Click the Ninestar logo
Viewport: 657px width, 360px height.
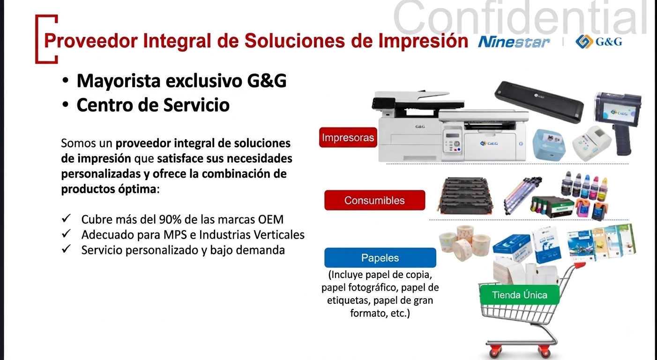pyautogui.click(x=514, y=42)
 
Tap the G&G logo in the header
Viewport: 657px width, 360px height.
pyautogui.click(x=598, y=42)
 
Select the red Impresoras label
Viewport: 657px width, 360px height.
pyautogui.click(x=348, y=137)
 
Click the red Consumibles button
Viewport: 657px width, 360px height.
pyautogui.click(x=374, y=200)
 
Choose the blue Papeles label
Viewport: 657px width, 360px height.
pyautogui.click(x=380, y=258)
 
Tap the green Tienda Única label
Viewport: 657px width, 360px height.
pyautogui.click(x=519, y=294)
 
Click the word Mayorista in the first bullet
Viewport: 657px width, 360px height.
pyautogui.click(x=119, y=81)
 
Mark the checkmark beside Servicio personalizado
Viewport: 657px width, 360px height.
pyautogui.click(x=66, y=249)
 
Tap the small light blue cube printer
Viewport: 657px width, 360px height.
pyautogui.click(x=549, y=144)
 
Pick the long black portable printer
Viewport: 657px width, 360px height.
pyautogui.click(x=539, y=102)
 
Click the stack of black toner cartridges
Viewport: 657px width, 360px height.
pyautogui.click(x=465, y=195)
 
